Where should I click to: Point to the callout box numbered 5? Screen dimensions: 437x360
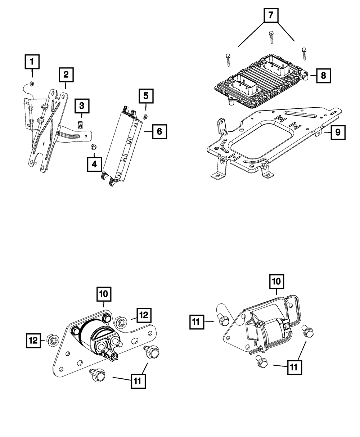point(146,96)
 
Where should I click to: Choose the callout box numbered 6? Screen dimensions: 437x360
point(159,131)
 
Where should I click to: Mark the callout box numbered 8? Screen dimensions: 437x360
point(323,76)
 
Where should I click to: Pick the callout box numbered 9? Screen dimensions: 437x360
point(337,132)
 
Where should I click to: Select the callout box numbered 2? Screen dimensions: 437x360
point(66,75)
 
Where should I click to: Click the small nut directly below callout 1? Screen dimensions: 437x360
point(32,84)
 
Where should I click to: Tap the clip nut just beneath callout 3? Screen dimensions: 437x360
point(81,125)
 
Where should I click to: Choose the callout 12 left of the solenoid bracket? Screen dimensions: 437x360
point(33,340)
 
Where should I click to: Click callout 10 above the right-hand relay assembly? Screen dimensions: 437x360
point(277,282)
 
